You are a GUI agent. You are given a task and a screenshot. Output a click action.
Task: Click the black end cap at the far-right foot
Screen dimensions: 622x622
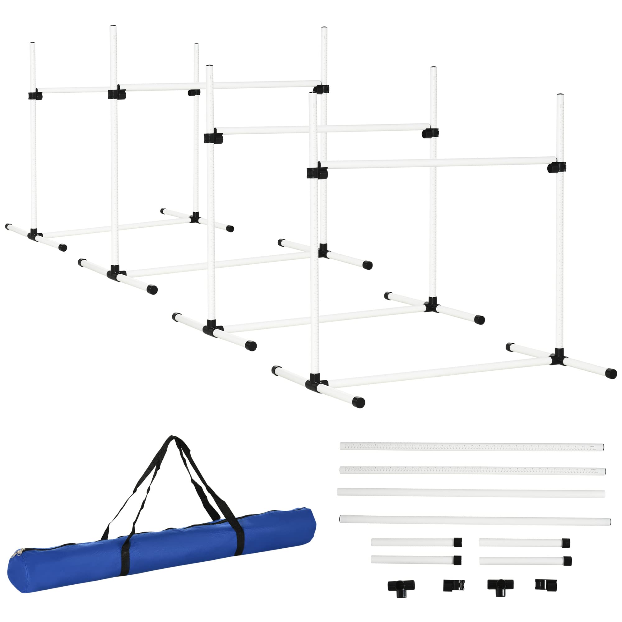tap(611, 374)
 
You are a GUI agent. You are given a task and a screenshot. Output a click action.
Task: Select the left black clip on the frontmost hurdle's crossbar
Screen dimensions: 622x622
tap(317, 172)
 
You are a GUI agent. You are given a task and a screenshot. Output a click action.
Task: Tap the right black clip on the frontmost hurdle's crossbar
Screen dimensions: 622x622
tap(557, 167)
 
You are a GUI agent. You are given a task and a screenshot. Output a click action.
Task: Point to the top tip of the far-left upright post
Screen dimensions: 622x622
tap(33, 44)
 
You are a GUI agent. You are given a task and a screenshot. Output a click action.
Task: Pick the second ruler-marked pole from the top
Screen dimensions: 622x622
tap(472, 470)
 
